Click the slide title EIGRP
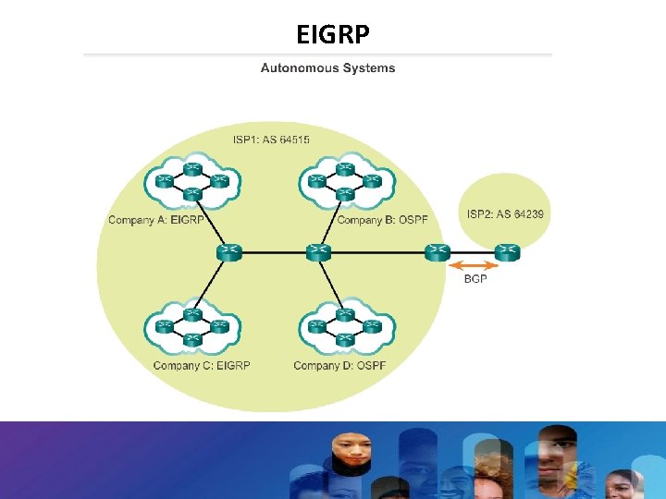tap(333, 34)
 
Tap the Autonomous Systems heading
tap(327, 67)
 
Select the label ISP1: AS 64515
tap(271, 140)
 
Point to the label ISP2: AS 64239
tap(505, 214)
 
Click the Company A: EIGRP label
tap(155, 220)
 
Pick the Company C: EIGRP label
tap(202, 365)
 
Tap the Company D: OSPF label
tap(339, 365)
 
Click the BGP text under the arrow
tap(475, 278)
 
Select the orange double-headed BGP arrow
tap(475, 265)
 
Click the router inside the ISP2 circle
tap(508, 250)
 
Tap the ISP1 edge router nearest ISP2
tap(438, 250)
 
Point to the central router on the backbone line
tap(318, 250)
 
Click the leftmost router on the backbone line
tap(228, 250)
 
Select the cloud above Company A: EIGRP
tap(192, 181)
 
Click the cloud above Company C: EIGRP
tap(192, 328)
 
